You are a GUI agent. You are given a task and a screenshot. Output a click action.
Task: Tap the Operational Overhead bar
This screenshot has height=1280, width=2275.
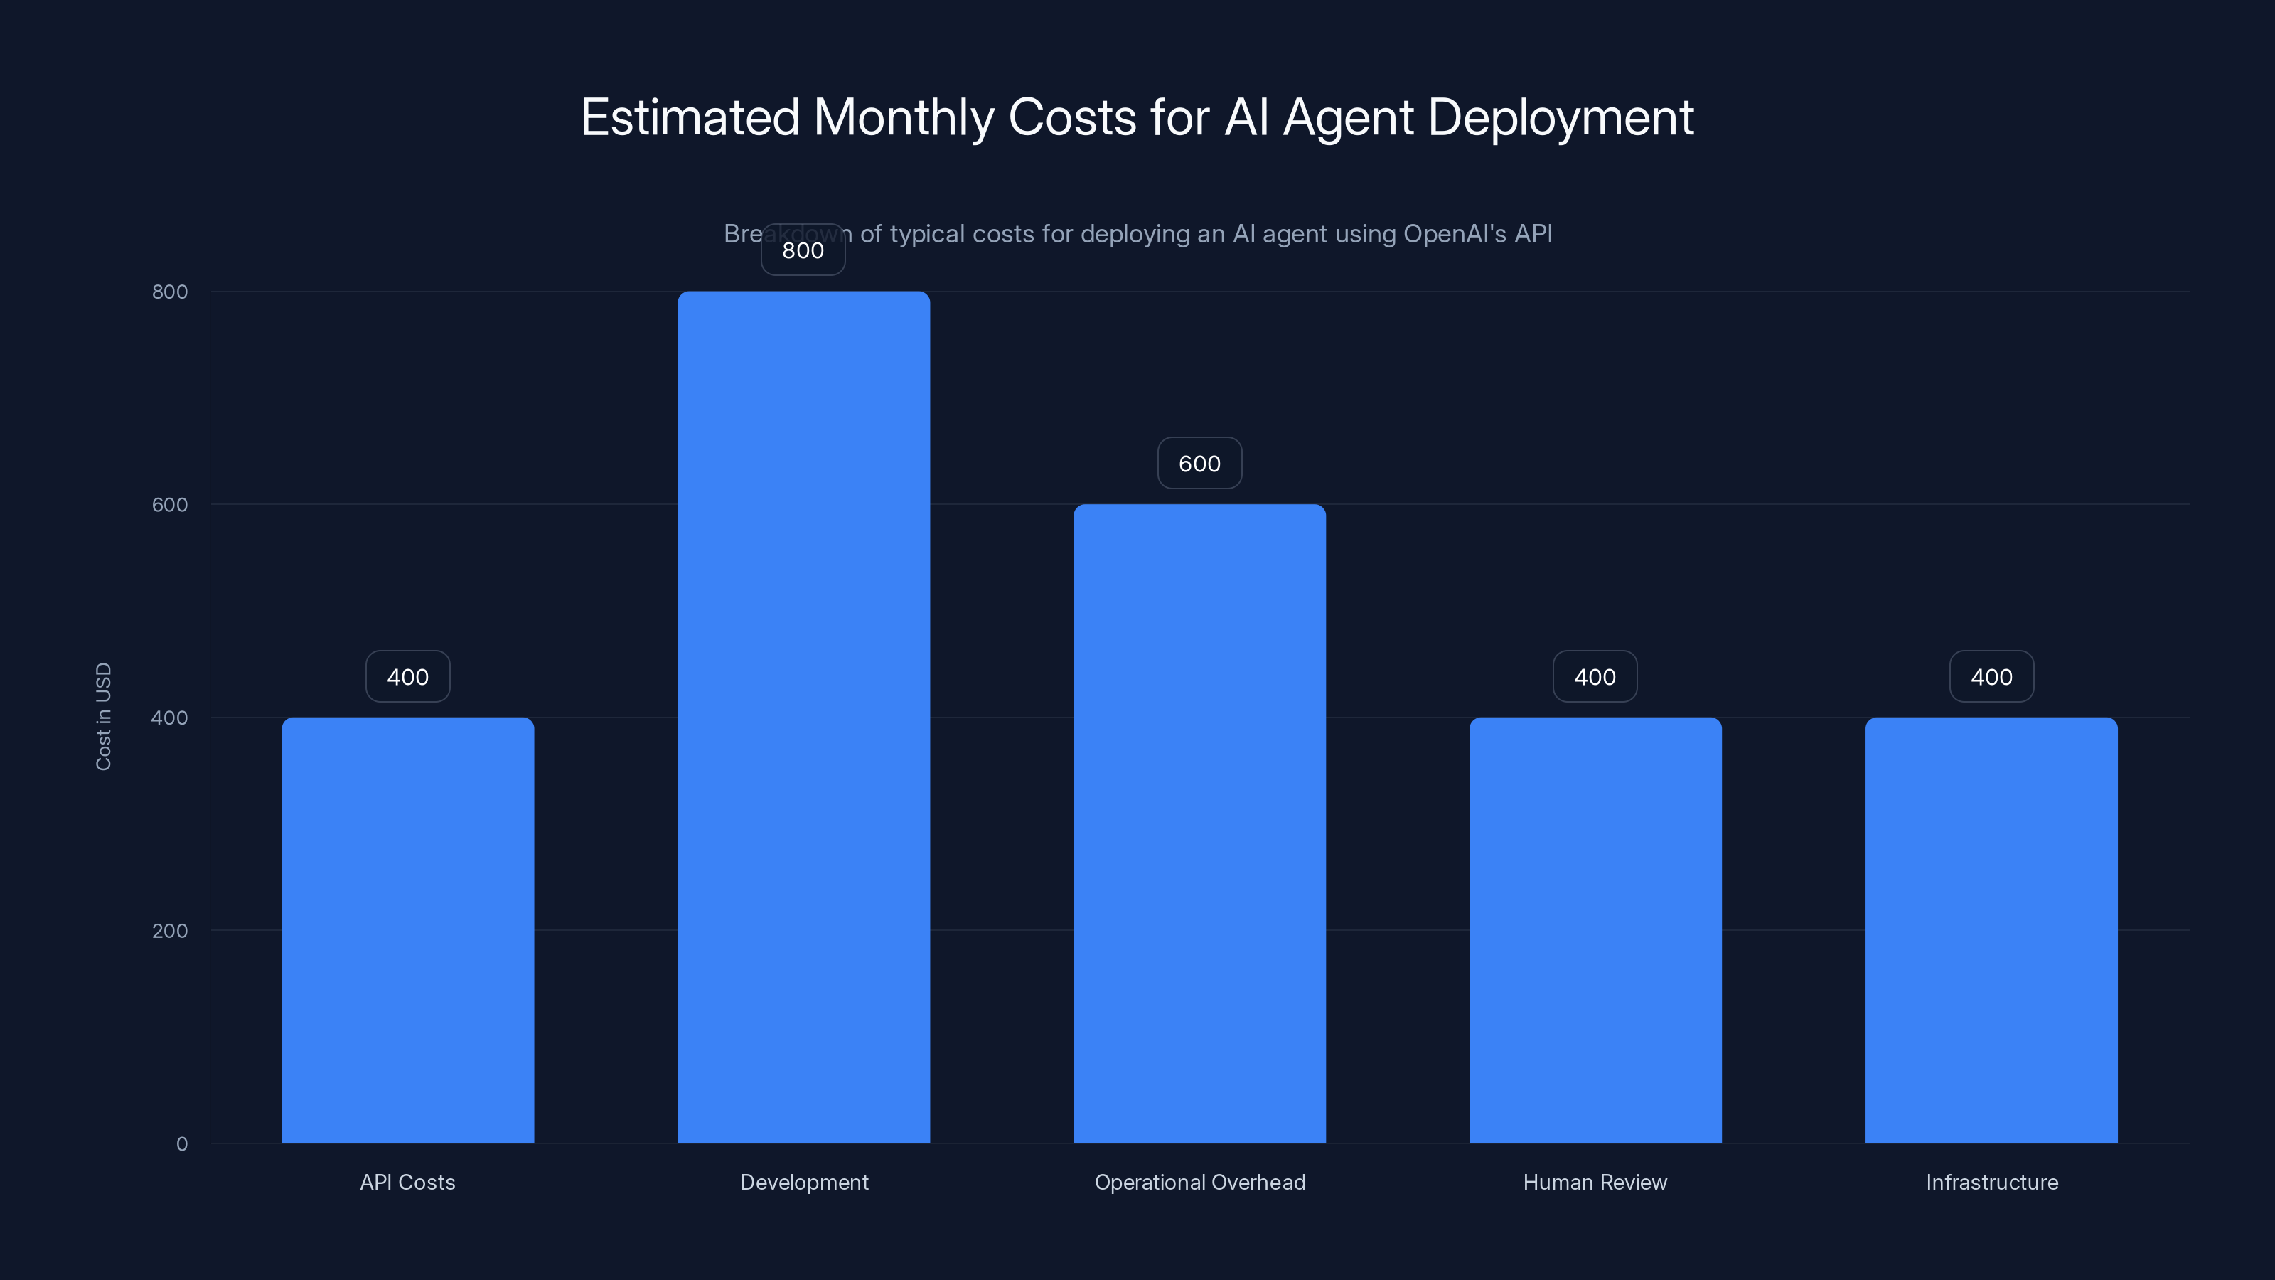pos(1199,823)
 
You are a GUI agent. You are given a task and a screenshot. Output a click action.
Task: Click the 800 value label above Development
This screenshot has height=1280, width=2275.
pos(803,250)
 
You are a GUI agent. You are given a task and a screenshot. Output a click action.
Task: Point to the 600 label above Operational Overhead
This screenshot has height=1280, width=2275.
pos(1199,464)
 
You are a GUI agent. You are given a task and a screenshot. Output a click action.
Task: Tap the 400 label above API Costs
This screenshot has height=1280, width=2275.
pos(407,677)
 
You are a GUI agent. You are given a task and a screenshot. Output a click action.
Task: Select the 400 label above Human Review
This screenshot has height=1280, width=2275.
pos(1595,677)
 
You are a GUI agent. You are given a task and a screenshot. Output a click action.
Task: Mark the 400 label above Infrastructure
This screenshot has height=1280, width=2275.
pos(1991,677)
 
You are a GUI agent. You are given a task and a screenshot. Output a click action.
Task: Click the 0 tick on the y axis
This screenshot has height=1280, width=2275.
pos(182,1144)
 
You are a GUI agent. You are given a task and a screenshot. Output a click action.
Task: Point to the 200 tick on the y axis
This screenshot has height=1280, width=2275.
pos(170,931)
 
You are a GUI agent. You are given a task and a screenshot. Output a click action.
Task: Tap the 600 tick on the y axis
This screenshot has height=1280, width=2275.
pos(170,504)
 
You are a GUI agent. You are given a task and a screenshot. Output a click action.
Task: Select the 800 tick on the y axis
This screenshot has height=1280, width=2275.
pos(170,292)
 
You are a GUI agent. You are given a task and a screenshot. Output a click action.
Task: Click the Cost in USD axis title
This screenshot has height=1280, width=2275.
pos(103,716)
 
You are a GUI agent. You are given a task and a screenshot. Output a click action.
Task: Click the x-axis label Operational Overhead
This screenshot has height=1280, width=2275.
pos(1199,1182)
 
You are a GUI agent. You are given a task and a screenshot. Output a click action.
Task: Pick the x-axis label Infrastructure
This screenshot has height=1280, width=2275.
pos(1991,1182)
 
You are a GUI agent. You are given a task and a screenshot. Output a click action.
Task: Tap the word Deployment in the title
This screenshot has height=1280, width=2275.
pos(1561,117)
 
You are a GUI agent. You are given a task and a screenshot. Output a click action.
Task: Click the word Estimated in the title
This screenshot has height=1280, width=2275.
pos(690,117)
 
